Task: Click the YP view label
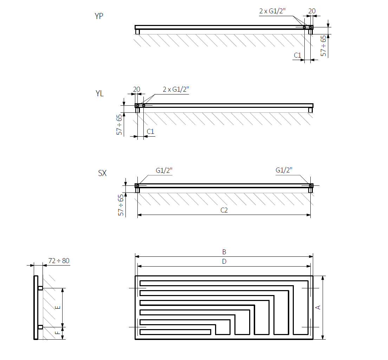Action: click(x=99, y=16)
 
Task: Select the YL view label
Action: click(x=99, y=94)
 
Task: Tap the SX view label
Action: click(x=102, y=174)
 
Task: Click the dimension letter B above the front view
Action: click(x=224, y=252)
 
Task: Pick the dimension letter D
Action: click(x=224, y=261)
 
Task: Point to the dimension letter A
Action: click(x=318, y=307)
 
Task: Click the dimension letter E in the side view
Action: click(x=58, y=307)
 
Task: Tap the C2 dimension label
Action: click(x=224, y=210)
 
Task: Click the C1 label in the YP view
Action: click(x=297, y=55)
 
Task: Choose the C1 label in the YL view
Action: click(x=150, y=131)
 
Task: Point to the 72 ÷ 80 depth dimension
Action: click(x=58, y=261)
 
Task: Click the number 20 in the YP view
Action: click(x=312, y=11)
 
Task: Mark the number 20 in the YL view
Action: click(x=136, y=90)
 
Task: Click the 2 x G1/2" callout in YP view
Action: click(x=272, y=11)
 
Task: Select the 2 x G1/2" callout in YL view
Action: click(x=176, y=89)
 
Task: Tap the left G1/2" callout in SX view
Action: click(x=164, y=170)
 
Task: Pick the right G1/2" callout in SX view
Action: click(x=284, y=170)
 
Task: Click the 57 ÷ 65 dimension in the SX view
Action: click(x=121, y=204)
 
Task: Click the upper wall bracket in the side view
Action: click(x=40, y=288)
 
